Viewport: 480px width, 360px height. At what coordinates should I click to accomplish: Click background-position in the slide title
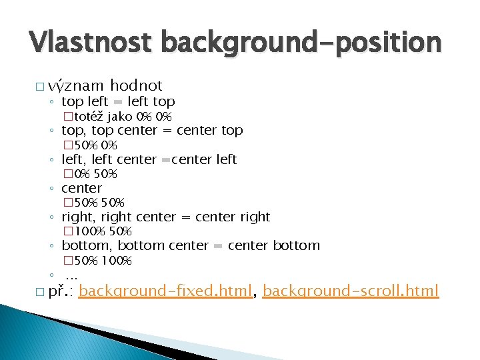[300, 43]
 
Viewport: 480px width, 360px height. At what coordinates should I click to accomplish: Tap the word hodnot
[136, 85]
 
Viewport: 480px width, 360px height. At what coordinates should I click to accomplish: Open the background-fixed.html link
[170, 291]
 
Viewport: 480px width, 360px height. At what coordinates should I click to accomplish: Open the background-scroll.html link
[351, 291]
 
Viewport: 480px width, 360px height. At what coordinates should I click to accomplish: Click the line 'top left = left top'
[118, 102]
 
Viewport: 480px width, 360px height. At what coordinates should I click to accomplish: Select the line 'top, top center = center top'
[152, 131]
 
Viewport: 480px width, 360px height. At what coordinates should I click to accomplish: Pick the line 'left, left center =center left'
[149, 159]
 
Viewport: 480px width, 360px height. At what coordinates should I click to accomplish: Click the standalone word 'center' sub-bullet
[81, 188]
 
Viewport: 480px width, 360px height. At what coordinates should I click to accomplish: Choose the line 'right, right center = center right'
[165, 217]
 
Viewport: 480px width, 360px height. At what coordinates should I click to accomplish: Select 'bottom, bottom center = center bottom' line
[191, 245]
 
